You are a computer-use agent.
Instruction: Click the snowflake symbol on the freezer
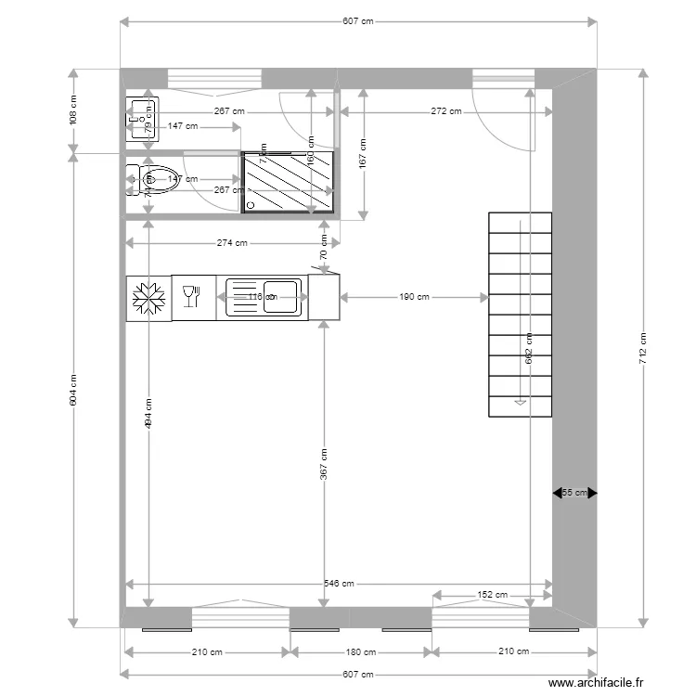click(148, 298)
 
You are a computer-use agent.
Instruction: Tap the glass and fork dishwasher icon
click(192, 296)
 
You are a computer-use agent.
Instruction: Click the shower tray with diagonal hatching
click(289, 183)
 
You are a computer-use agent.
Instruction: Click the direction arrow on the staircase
click(521, 402)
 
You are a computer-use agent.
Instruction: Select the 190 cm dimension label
click(414, 298)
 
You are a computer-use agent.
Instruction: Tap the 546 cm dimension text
click(340, 584)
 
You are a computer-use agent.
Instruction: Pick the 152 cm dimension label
click(492, 595)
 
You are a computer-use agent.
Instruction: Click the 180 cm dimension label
click(361, 652)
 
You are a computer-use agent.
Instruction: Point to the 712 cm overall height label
click(642, 347)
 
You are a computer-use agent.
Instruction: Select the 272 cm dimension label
click(445, 111)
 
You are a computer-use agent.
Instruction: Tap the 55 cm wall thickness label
click(574, 494)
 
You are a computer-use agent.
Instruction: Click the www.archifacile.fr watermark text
click(595, 683)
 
